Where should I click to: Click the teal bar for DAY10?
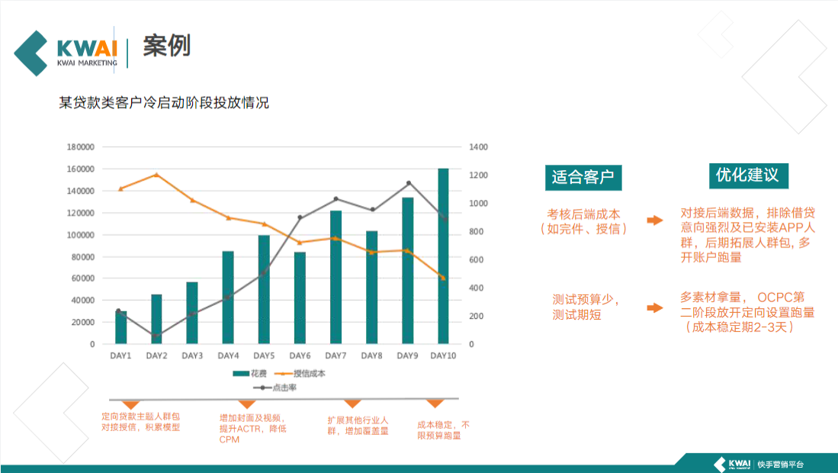(x=443, y=256)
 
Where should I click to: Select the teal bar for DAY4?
(x=228, y=298)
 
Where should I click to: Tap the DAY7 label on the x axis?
(x=336, y=356)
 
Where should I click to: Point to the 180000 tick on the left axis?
(x=81, y=147)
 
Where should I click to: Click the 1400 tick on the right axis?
(x=478, y=147)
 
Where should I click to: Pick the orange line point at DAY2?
(x=156, y=175)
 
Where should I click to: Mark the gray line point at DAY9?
(x=409, y=183)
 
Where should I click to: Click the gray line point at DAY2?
(x=156, y=336)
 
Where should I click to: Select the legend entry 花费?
(x=252, y=374)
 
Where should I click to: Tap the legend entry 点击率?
(x=278, y=388)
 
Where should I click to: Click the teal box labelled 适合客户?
(x=583, y=177)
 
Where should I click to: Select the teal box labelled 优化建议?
(x=747, y=175)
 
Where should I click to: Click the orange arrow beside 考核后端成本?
(x=654, y=220)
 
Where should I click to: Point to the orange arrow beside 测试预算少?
(x=654, y=307)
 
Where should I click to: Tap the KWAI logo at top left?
(x=66, y=52)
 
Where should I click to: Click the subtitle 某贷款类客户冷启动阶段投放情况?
(x=164, y=103)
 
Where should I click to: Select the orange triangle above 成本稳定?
(x=435, y=403)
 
